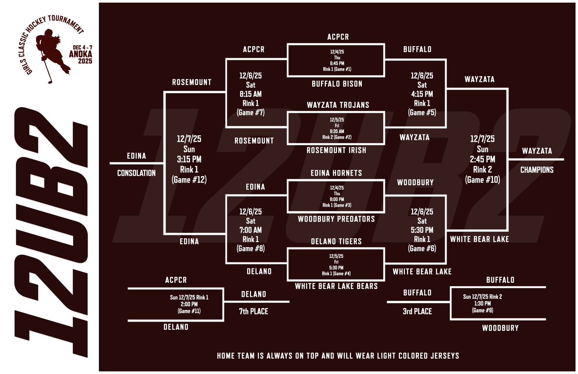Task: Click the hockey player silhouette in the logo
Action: [x=51, y=54]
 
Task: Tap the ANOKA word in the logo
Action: [x=81, y=54]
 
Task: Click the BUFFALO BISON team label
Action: [x=337, y=84]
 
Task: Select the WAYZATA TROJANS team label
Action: [x=338, y=105]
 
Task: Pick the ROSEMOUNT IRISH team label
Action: [x=336, y=150]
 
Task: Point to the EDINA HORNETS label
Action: [x=336, y=173]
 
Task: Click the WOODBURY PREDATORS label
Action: [x=336, y=219]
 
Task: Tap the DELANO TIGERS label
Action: [x=336, y=241]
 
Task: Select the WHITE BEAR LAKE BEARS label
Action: [x=336, y=286]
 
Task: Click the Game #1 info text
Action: [x=337, y=69]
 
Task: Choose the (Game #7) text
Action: [x=251, y=113]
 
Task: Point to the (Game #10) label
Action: [x=482, y=180]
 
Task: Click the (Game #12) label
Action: [x=189, y=180]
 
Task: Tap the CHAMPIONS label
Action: [x=537, y=170]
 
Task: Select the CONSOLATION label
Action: [x=136, y=173]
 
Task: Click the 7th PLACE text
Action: [x=254, y=311]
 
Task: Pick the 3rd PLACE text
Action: [x=417, y=311]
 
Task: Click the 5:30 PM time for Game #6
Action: [x=422, y=230]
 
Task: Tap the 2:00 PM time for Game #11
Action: [x=189, y=304]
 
